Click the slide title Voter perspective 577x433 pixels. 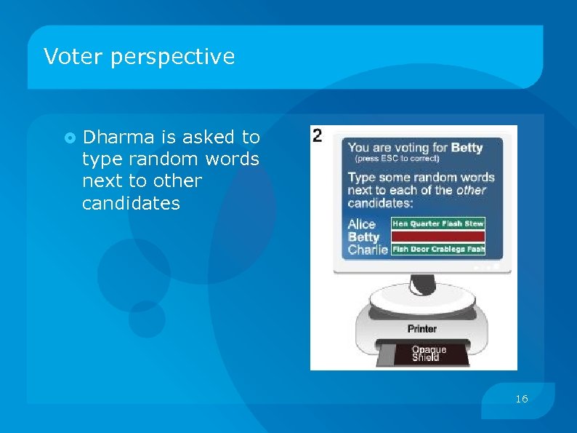pos(139,57)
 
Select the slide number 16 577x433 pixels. pos(521,399)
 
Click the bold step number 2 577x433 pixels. pos(317,135)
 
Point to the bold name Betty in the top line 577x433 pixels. pos(467,148)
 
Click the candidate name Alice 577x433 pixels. pos(362,224)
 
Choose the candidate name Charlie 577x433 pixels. pos(368,250)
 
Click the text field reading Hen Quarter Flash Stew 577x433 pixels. pos(437,224)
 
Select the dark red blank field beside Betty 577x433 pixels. pos(437,237)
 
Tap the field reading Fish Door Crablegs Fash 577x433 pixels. pos(437,249)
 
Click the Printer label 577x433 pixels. pos(421,329)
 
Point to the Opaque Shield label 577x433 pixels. pos(429,354)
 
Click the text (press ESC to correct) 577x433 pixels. pos(397,159)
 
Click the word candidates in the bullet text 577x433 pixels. pos(131,203)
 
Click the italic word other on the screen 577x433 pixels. pos(471,190)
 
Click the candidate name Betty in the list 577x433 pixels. pos(364,237)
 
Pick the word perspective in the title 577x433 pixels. pos(173,57)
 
